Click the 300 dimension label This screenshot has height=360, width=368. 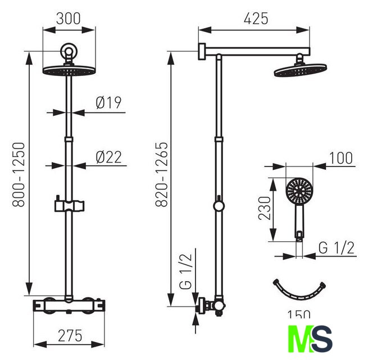tap(69, 19)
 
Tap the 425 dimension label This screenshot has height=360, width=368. tap(256, 19)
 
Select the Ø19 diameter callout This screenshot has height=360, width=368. tap(108, 103)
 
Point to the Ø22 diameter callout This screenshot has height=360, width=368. tap(109, 157)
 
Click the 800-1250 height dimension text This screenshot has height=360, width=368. tap(19, 174)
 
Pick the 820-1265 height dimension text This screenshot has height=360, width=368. tap(162, 174)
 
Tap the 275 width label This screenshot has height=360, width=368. tap(70, 335)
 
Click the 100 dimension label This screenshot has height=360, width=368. tap(341, 158)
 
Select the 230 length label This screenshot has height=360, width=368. tap(265, 208)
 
